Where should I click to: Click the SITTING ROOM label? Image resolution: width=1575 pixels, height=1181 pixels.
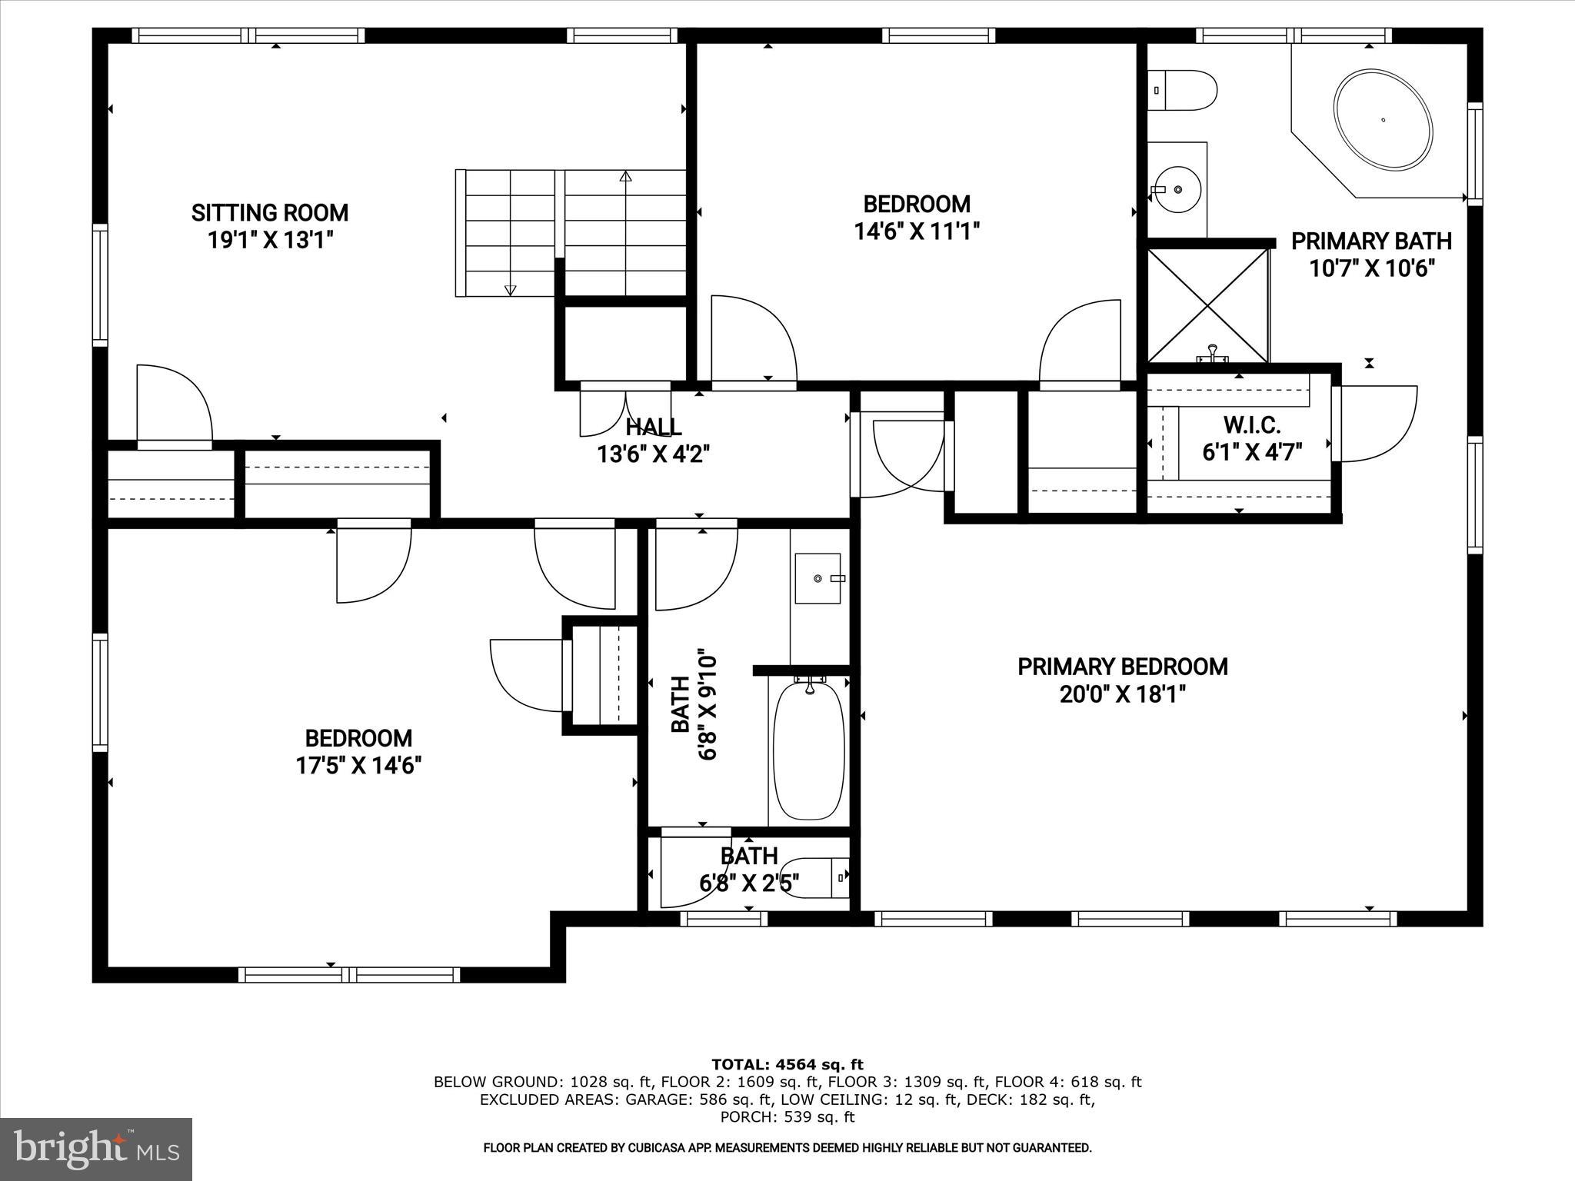tap(269, 213)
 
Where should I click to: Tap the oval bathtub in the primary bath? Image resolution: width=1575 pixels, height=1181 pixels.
tap(1384, 121)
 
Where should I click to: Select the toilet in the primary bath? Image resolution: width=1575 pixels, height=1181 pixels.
tap(1184, 90)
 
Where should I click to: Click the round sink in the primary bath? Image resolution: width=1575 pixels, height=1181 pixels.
tap(1177, 188)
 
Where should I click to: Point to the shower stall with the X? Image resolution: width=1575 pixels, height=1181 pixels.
tap(1207, 304)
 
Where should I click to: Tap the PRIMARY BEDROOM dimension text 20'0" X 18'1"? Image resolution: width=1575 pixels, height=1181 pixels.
tap(1122, 695)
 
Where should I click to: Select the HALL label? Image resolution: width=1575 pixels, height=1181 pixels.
tap(653, 427)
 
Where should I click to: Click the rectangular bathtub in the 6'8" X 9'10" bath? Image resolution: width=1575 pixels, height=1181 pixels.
tap(808, 750)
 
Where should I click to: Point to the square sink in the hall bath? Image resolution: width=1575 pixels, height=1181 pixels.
tap(819, 578)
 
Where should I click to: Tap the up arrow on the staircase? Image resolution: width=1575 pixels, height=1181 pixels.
tap(625, 176)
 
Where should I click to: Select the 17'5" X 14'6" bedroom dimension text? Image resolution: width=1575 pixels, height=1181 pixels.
tap(358, 766)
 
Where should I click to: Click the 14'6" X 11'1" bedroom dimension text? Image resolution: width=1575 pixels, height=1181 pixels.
tap(917, 231)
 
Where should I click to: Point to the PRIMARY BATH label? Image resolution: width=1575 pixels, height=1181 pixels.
tap(1371, 241)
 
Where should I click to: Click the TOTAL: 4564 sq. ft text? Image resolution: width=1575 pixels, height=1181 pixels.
tap(787, 1065)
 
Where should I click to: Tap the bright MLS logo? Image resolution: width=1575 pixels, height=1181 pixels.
tap(95, 1149)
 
